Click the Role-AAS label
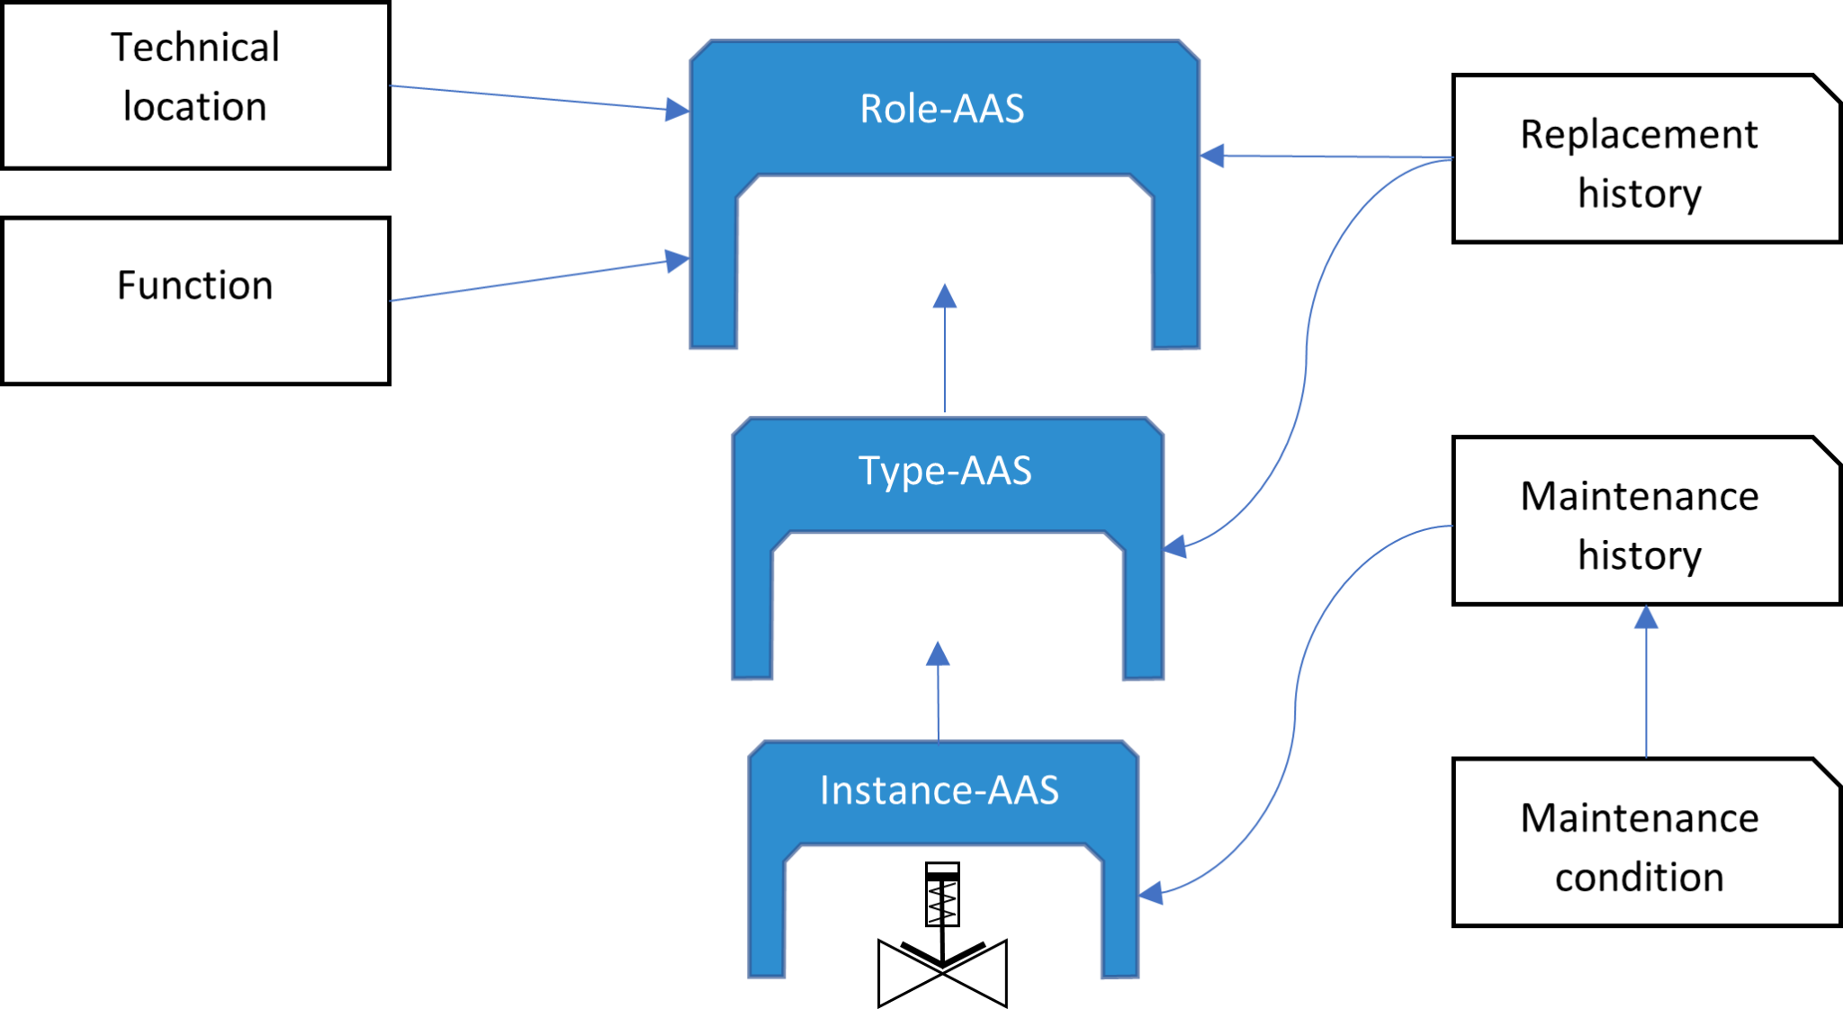941,109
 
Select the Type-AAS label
945,471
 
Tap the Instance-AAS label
939,790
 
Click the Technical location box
195,85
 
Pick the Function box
195,301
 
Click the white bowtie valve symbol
942,974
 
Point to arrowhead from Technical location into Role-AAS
678,109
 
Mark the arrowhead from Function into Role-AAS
678,261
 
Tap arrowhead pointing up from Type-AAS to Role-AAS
944,295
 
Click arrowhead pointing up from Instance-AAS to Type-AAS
938,653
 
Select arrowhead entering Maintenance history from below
1646,617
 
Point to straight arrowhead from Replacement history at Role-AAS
1212,156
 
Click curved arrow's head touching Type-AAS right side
1174,546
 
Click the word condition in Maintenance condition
1639,878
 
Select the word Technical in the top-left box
195,48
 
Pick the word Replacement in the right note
1639,135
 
